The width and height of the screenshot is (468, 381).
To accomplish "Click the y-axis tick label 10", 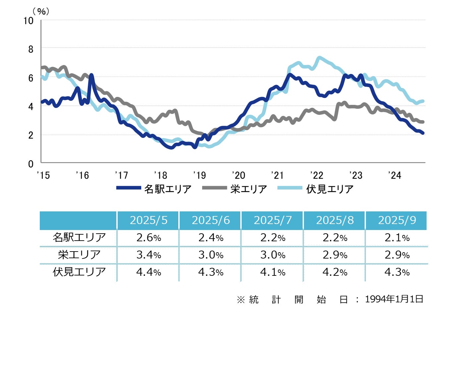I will [29, 21].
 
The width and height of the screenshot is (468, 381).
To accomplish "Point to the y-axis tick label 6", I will [31, 78].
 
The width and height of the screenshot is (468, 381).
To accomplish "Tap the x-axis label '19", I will [200, 175].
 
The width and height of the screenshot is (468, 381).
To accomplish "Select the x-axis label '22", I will [317, 175].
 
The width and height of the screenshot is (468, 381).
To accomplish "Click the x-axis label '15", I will [43, 175].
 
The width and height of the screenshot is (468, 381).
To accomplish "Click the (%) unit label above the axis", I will [41, 11].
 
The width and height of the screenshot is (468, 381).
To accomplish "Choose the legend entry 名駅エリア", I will [168, 189].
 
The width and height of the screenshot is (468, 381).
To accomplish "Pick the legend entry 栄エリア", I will [249, 189].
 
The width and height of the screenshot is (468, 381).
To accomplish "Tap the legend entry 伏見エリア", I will [330, 189].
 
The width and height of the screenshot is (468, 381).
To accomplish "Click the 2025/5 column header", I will [148, 220].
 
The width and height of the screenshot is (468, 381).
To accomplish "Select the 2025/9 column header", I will [397, 220].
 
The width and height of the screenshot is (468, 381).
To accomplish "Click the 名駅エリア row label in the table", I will [79, 238].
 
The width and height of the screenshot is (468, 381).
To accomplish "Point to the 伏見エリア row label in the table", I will [79, 272].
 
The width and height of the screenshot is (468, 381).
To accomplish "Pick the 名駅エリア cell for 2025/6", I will [210, 238].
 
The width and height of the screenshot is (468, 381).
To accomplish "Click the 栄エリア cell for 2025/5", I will [148, 255].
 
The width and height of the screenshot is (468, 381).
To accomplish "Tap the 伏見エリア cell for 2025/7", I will [272, 272].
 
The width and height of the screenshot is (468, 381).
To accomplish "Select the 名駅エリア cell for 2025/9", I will [397, 238].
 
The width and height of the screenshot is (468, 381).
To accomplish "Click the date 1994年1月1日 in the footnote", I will [394, 299].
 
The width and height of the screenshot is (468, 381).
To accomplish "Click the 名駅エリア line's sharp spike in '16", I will [91, 75].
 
